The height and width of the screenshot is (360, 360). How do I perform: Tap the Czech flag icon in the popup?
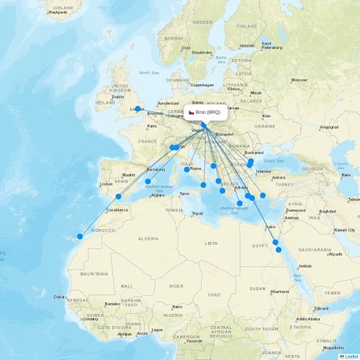[192, 112]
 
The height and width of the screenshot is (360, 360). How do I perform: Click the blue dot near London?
[138, 109]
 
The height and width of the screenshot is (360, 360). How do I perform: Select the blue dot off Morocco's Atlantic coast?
[80, 236]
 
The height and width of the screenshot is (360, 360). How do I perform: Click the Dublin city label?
[118, 96]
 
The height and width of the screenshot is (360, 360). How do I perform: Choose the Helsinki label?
[247, 46]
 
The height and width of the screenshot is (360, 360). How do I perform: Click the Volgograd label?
[328, 127]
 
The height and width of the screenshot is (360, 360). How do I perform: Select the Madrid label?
[129, 175]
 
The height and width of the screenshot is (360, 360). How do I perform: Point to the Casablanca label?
[117, 210]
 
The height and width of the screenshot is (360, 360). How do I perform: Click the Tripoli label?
[196, 213]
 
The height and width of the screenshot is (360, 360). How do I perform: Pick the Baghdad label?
[328, 211]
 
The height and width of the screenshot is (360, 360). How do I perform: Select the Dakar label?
[60, 296]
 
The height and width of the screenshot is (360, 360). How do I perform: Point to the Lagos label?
[157, 330]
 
